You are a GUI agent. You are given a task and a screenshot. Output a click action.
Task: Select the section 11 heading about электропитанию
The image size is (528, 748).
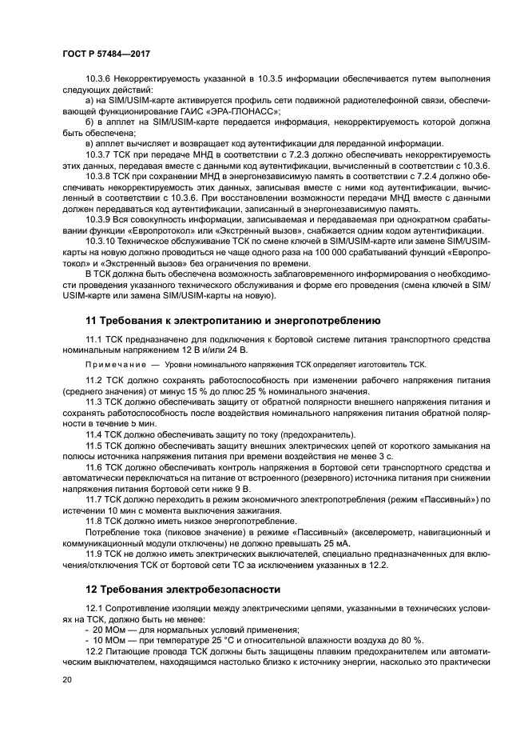227,320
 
